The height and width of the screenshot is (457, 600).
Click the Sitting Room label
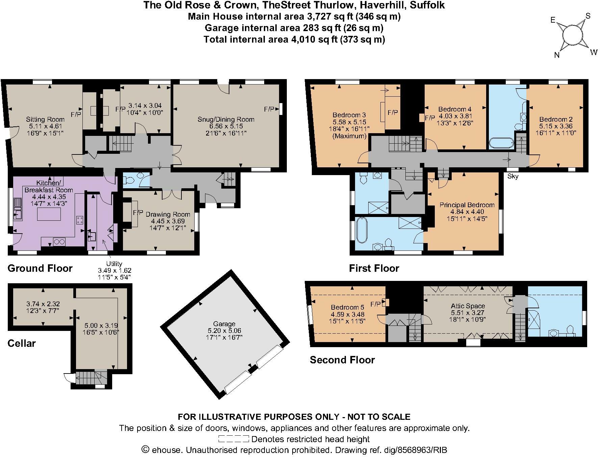pos(45,119)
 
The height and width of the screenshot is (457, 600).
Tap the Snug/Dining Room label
pos(226,119)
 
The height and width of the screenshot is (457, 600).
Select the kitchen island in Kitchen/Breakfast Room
pos(49,214)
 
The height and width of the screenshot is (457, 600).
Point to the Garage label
pos(224,324)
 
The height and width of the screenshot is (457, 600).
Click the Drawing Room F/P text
pos(138,213)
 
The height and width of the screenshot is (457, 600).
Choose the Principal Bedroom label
pos(467,205)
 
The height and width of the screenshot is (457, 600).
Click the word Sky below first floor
pos(513,176)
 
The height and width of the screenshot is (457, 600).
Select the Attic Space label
pos(468,306)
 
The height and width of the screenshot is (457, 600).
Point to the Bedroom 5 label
pos(348,307)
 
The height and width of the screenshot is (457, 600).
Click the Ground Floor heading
pos(40,268)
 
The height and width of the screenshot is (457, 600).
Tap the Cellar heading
pos(22,343)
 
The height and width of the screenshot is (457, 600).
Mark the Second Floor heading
pos(342,360)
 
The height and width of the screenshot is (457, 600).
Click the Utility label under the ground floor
pos(114,264)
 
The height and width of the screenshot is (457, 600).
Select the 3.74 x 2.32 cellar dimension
pos(43,304)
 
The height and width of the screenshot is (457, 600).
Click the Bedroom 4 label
pos(455,109)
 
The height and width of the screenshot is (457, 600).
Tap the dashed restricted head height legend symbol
pos(233,439)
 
